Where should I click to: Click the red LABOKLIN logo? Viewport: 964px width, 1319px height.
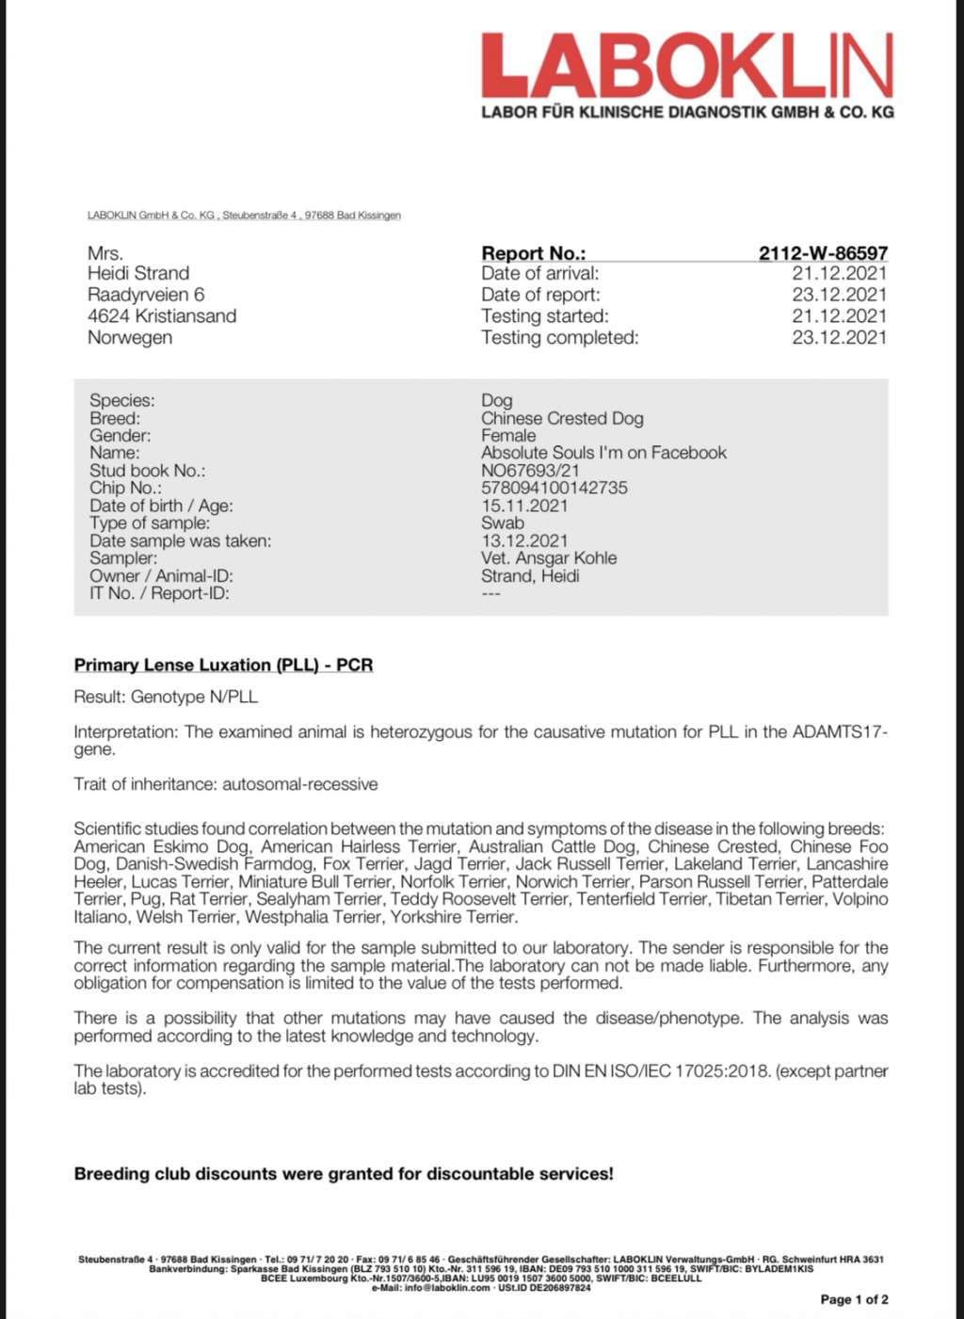tap(687, 67)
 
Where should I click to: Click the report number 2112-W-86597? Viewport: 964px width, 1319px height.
tap(823, 252)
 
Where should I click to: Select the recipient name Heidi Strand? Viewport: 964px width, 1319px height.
tap(138, 273)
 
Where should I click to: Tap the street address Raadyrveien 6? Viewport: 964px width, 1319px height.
tap(146, 295)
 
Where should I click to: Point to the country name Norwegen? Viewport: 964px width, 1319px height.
tap(130, 337)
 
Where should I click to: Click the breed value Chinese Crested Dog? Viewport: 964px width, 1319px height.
tap(562, 418)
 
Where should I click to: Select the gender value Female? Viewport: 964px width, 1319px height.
tap(508, 435)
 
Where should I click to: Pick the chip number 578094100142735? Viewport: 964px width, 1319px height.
tap(554, 488)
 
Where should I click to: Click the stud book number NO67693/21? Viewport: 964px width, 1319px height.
tap(530, 470)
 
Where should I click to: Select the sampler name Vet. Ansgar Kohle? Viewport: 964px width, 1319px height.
tap(549, 557)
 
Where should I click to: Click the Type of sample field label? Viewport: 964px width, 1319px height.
tap(150, 523)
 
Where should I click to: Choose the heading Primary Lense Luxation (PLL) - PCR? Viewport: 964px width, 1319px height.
tap(223, 665)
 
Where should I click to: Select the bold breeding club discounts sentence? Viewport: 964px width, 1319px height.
tap(344, 1174)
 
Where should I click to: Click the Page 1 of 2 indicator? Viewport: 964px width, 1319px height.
tap(854, 1299)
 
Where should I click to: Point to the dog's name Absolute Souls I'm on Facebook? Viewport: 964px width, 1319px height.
tap(603, 453)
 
